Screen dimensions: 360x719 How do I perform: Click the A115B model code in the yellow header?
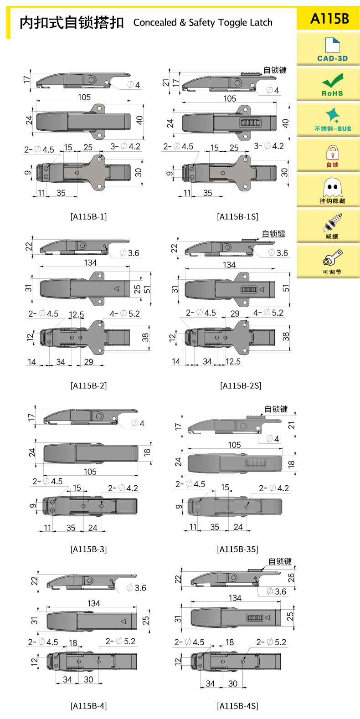329,19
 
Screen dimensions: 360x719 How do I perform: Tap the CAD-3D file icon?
332,45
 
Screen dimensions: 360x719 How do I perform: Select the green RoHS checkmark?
333,80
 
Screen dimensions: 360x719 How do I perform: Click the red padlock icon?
333,153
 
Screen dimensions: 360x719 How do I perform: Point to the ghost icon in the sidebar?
333,187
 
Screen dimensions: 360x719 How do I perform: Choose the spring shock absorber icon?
332,222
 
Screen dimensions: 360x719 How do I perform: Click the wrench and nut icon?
332,257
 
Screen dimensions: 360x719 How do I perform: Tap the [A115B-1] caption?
89,217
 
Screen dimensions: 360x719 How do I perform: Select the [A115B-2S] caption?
241,385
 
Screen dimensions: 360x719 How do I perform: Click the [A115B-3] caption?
89,549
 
